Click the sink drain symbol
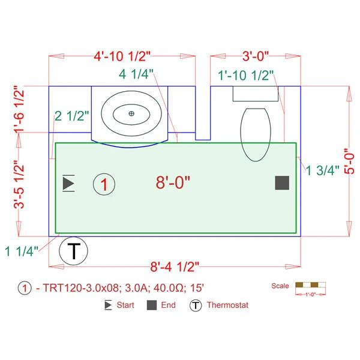(131, 113)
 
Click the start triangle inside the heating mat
(68, 183)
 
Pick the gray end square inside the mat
(282, 183)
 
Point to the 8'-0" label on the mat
(173, 182)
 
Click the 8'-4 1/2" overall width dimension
(175, 267)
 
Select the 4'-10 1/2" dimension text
(122, 56)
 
